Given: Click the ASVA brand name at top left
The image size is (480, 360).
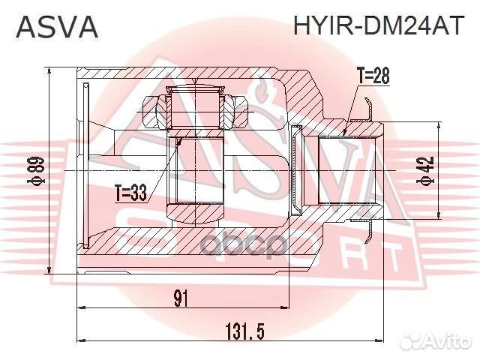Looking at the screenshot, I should click(x=56, y=26).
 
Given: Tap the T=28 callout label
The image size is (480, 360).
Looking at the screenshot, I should click(x=373, y=76).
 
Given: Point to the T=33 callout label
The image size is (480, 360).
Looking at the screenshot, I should click(x=130, y=193).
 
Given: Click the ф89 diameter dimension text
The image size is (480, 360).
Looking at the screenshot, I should click(x=34, y=171).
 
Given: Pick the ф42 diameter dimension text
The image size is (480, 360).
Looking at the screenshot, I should click(x=426, y=172).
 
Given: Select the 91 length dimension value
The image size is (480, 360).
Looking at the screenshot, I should click(x=181, y=298).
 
